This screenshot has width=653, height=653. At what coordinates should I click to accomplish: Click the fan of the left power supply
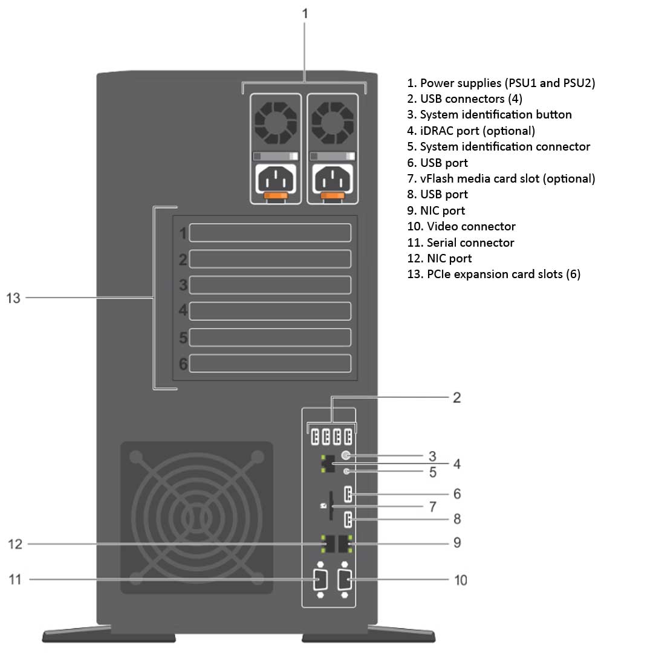click(276, 122)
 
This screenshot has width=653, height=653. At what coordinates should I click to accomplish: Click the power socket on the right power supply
click(331, 179)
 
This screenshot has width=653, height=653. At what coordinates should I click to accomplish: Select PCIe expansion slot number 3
click(270, 285)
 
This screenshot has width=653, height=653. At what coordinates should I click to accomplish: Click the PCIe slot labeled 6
click(270, 363)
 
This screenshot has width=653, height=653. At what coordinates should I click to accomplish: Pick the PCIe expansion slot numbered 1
click(270, 233)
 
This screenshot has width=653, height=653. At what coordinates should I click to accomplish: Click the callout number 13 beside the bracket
click(13, 297)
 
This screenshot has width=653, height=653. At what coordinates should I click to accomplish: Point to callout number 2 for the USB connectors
click(457, 397)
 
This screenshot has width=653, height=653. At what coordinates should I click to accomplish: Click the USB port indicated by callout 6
click(347, 495)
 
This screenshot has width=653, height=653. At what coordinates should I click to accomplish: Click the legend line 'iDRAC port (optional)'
click(471, 131)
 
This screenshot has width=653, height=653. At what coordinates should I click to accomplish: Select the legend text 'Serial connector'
click(470, 242)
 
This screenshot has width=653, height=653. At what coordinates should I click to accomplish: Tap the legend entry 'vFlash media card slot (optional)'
click(501, 178)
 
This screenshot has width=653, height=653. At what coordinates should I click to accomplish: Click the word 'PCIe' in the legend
click(438, 275)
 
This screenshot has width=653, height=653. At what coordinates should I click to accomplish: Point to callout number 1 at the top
click(305, 13)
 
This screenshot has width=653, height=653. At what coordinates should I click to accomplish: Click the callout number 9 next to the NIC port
click(457, 542)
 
